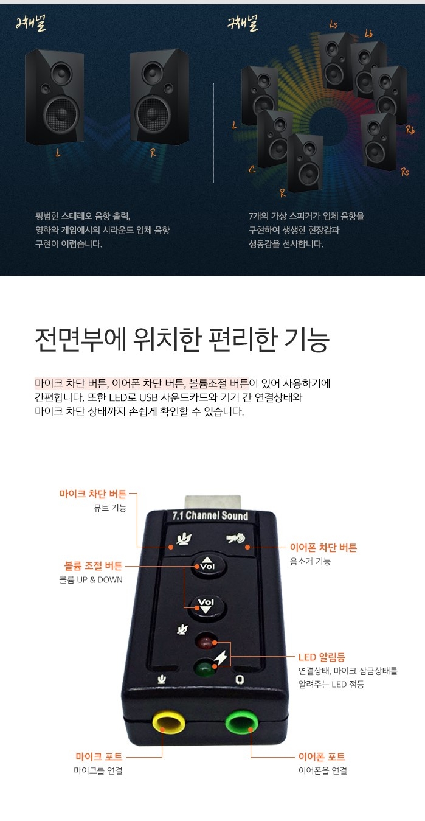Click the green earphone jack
coord(241,721)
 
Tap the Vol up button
coord(209,565)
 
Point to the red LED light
coord(206,642)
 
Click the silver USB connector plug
coord(213,503)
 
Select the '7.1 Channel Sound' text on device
coord(210,515)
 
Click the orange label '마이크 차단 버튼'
coord(93,494)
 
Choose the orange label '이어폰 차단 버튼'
coord(323,547)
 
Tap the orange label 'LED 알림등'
coord(322,657)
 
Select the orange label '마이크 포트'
coord(99,756)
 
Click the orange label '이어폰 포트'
coord(322,756)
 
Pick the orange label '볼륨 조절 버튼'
coord(94,565)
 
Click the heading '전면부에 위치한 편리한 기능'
coord(182,340)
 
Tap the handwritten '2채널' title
coord(31,23)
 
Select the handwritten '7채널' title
coord(243,23)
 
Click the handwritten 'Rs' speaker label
coord(405,172)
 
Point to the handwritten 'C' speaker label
coord(252,169)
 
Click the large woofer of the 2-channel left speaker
coord(61,114)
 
